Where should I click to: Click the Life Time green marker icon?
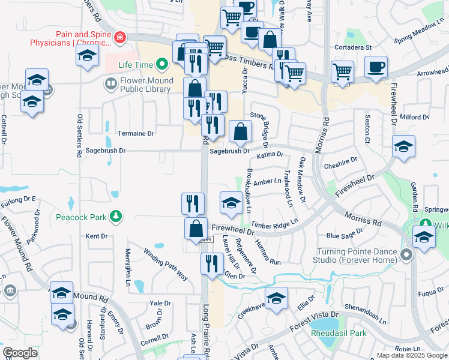161,64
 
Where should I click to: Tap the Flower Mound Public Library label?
146,85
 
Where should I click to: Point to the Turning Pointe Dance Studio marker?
406,255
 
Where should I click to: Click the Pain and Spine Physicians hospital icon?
120,37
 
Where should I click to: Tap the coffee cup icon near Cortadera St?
376,67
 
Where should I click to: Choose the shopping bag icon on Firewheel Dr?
196,228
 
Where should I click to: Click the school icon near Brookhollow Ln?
231,202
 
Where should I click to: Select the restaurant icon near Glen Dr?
212,264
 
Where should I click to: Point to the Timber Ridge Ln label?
274,224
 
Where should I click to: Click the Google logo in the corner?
20,353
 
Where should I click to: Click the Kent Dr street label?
96,236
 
